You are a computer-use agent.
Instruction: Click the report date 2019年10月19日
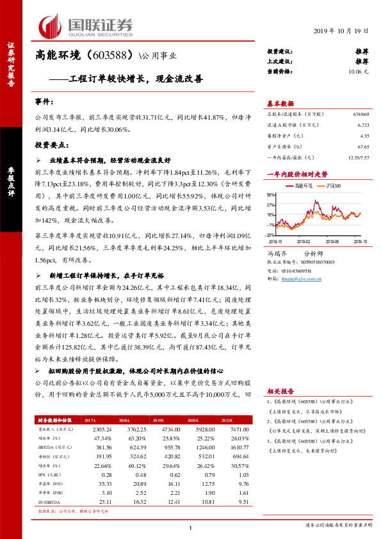(342, 31)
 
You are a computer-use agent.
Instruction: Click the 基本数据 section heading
(280, 103)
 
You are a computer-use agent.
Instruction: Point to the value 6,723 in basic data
(362, 125)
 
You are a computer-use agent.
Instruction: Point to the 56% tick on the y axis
(272, 195)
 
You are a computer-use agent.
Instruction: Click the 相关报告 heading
(280, 390)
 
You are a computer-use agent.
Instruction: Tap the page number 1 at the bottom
(191, 527)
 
